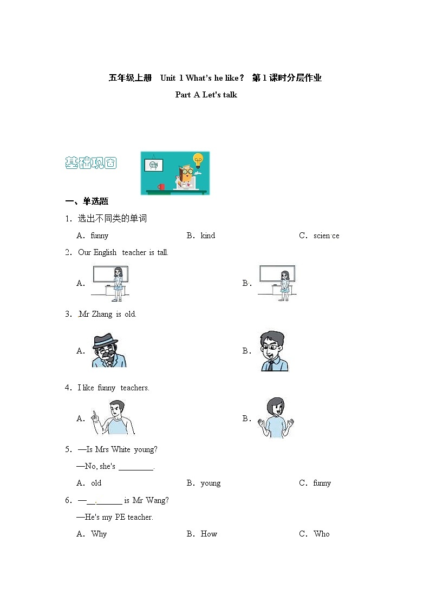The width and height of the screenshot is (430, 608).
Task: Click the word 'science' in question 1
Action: tap(326, 236)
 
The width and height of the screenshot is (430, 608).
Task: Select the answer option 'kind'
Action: tap(207, 236)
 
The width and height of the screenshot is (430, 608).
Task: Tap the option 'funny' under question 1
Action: tap(99, 236)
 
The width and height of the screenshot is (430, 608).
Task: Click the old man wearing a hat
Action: tap(108, 350)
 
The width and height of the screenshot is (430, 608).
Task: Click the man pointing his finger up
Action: tap(114, 417)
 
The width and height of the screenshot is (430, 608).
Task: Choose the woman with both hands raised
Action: tap(275, 418)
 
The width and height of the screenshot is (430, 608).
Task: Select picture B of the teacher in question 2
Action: tap(278, 283)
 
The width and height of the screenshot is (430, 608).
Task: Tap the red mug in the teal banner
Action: tap(161, 187)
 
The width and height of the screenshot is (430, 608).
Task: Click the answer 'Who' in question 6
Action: tap(322, 534)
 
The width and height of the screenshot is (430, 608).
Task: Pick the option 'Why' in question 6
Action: tap(99, 534)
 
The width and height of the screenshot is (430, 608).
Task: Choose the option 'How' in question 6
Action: tap(209, 534)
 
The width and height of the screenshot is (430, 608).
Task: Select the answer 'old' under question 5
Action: tap(96, 483)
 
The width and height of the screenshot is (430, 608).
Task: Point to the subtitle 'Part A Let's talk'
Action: tap(206, 95)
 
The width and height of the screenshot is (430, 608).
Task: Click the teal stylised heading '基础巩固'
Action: tap(90, 163)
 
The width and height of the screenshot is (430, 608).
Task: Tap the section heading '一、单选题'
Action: tap(87, 201)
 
